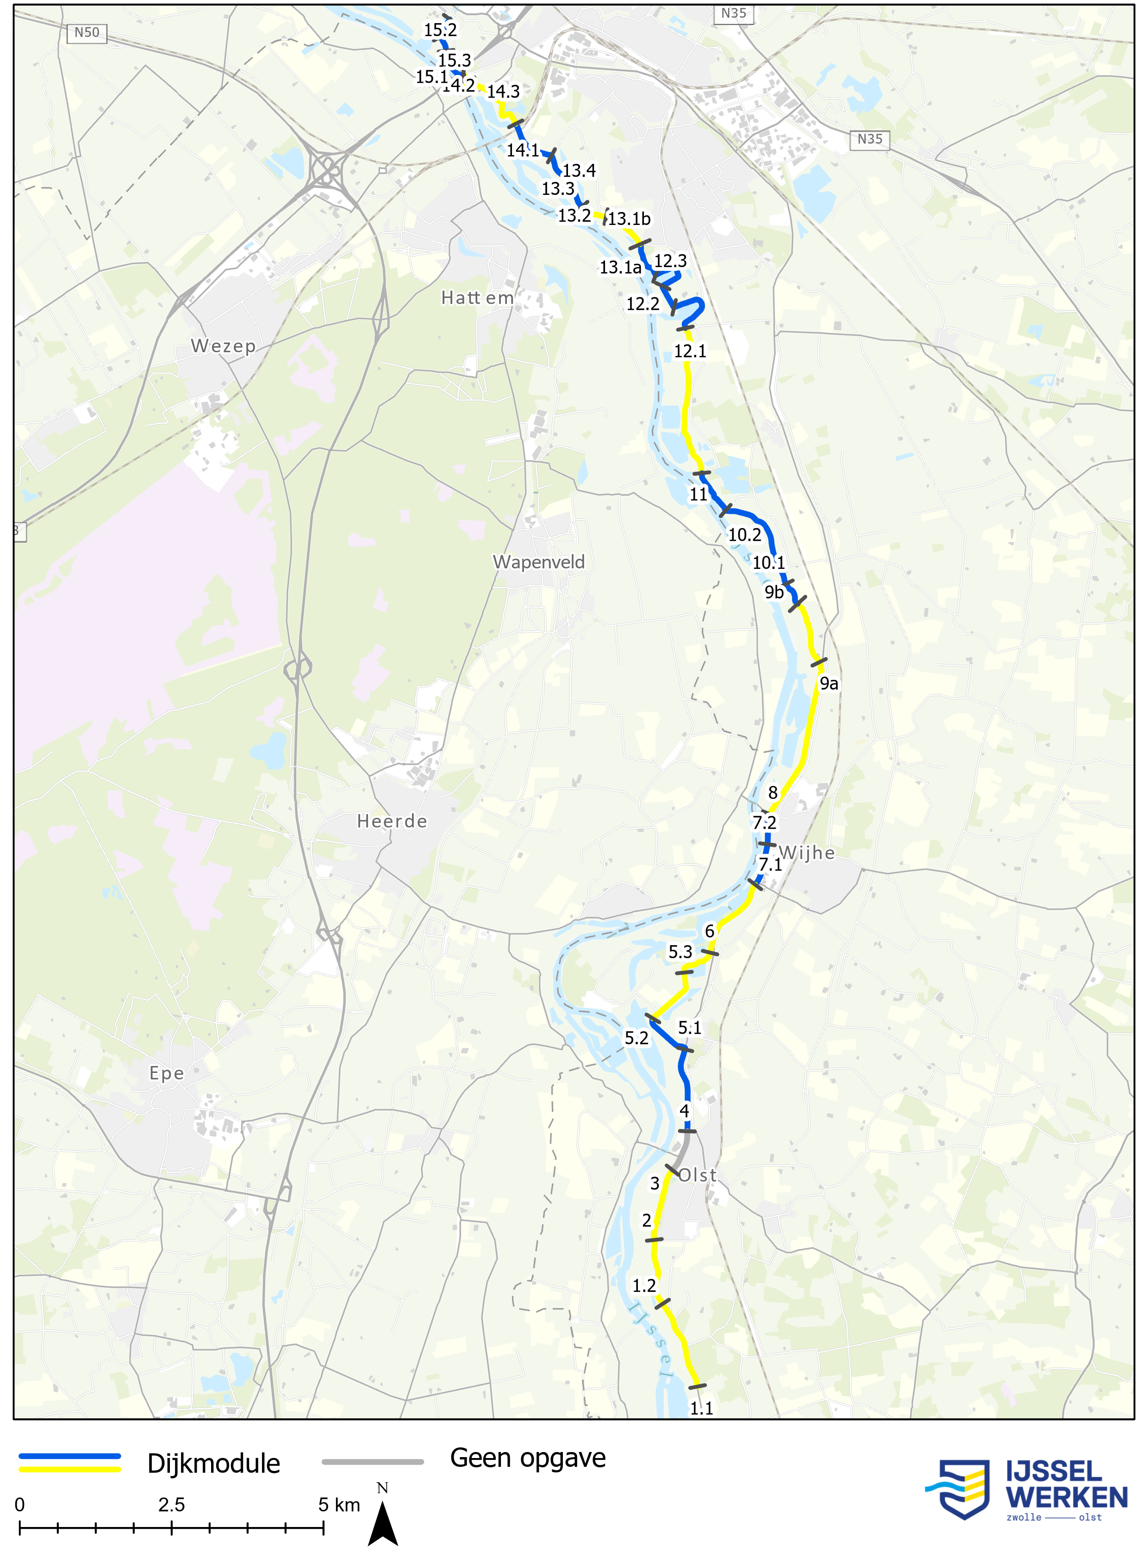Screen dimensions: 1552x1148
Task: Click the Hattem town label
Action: (477, 298)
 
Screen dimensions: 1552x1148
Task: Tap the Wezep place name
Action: (223, 346)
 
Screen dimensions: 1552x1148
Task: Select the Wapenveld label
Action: (538, 562)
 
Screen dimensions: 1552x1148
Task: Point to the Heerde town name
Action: (392, 821)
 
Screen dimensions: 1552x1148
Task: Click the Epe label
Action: (167, 1073)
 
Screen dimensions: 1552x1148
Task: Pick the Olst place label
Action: (697, 1176)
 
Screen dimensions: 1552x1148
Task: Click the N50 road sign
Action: (87, 33)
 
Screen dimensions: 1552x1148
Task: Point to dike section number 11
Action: (698, 495)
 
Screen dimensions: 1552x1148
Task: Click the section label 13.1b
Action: (630, 219)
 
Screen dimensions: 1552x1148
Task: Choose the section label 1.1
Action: (701, 1408)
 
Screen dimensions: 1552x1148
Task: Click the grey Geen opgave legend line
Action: (373, 1462)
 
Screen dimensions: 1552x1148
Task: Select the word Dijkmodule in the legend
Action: (213, 1464)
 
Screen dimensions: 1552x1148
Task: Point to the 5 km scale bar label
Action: (339, 1505)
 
